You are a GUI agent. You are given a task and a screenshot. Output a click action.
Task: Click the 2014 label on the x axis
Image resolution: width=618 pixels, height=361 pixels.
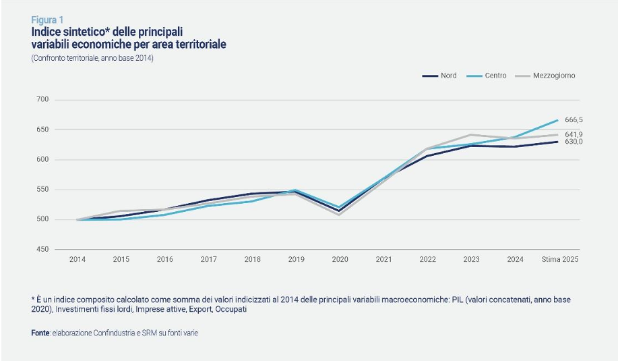[77, 259]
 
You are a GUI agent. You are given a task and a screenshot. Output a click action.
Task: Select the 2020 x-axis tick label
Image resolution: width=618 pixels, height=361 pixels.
[340, 259]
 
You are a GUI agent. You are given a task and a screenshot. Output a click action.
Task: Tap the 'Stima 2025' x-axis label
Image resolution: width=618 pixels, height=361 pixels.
[561, 259]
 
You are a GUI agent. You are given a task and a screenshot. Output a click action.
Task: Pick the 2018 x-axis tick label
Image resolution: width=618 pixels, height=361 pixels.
[252, 259]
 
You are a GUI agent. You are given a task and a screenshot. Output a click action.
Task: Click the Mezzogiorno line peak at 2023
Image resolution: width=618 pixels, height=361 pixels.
[470, 134]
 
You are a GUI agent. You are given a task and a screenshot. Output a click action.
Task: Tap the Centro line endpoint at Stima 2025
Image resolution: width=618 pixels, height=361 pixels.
[558, 120]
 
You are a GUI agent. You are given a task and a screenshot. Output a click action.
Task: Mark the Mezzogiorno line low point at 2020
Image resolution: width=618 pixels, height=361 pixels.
[340, 215]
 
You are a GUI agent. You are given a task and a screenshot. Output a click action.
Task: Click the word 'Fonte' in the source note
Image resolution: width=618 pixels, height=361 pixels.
[40, 333]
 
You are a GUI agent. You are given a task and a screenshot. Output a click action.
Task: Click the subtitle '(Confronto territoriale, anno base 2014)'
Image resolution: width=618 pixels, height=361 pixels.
[92, 59]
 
